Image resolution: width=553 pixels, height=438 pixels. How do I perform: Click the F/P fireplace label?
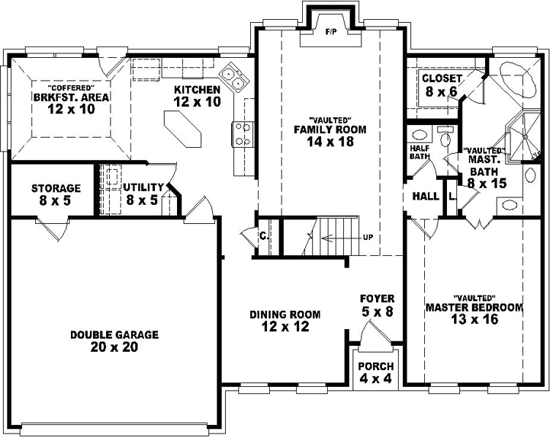[x=330, y=33]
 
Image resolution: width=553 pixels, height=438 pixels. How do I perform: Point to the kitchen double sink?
[x=233, y=78]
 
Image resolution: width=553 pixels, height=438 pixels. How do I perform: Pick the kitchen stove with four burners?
[x=243, y=134]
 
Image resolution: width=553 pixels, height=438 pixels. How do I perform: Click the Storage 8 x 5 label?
[x=56, y=193]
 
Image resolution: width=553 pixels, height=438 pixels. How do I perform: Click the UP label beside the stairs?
[x=368, y=238]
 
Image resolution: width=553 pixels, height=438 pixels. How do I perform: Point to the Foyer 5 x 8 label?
[x=377, y=305]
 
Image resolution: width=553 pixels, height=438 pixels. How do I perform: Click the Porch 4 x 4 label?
[x=376, y=372]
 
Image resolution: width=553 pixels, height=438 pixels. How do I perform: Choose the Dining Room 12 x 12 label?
[x=285, y=320]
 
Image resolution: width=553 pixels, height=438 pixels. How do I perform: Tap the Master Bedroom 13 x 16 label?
[x=474, y=313]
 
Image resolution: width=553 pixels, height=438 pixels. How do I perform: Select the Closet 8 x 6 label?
[x=442, y=85]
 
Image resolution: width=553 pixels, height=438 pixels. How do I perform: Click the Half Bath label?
[x=419, y=152]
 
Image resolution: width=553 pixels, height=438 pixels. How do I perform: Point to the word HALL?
[x=426, y=197]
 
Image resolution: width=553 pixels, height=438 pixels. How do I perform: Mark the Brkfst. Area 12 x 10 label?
[x=70, y=103]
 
